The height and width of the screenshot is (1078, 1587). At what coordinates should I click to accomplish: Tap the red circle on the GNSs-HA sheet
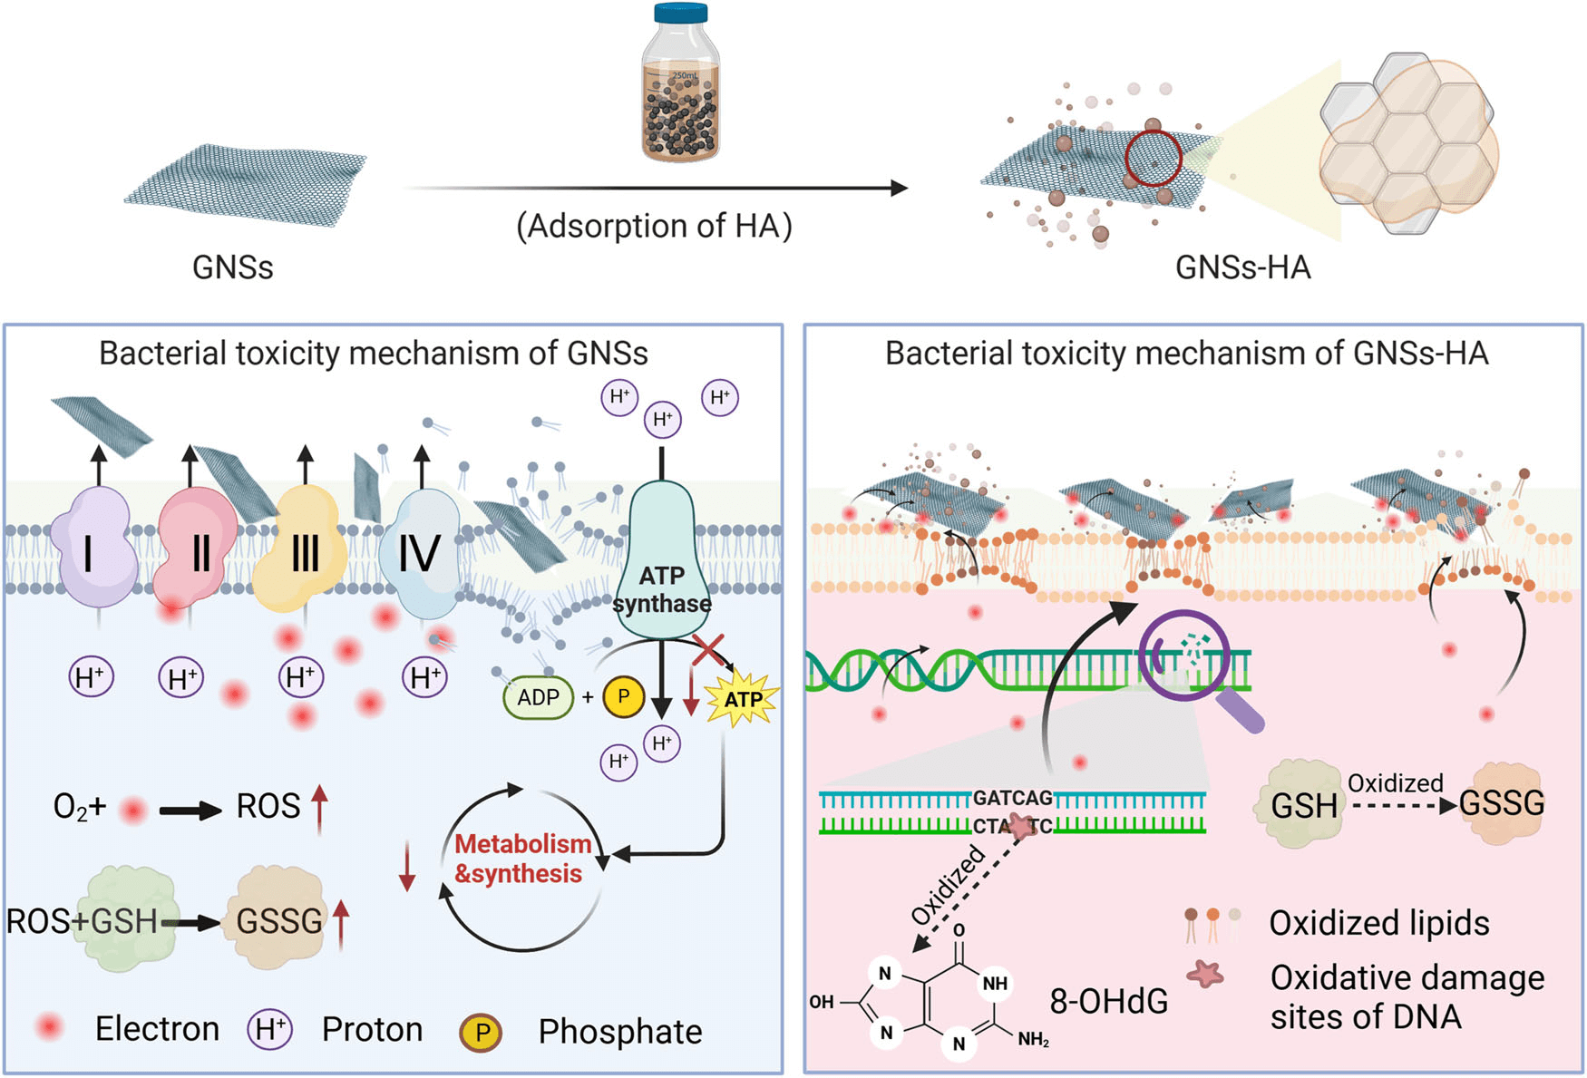[1154, 158]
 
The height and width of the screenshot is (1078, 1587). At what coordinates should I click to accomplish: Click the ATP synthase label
[662, 590]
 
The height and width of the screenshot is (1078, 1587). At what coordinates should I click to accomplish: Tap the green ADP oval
[538, 697]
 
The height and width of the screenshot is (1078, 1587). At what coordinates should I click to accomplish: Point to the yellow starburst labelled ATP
[743, 699]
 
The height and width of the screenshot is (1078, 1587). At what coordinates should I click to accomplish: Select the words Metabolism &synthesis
[521, 859]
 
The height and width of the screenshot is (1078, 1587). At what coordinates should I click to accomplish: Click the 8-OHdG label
[1108, 1001]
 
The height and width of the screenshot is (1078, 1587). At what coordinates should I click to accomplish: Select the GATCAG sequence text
[1012, 798]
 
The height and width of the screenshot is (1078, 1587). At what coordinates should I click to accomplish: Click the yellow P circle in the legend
[482, 1032]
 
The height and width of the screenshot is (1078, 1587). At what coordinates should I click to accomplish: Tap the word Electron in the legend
[157, 1029]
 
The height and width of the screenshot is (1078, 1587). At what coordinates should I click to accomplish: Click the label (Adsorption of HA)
[654, 225]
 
